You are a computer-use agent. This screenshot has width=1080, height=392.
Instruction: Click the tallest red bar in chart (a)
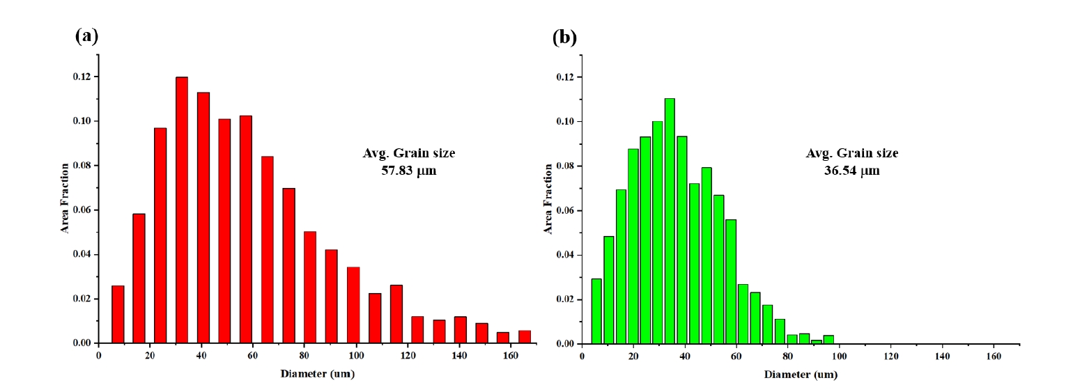[x=181, y=210]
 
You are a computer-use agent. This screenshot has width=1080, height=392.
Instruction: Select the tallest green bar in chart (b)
[x=669, y=221]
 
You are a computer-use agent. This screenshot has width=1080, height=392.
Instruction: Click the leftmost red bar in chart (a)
[x=118, y=314]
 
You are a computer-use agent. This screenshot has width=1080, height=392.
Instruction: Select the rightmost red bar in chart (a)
[x=525, y=336]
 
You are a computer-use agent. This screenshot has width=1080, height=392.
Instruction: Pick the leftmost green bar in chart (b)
[x=596, y=311]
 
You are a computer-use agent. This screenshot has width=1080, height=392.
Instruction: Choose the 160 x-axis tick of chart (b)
[x=994, y=356]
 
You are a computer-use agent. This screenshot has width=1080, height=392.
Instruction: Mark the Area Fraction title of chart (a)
[x=65, y=198]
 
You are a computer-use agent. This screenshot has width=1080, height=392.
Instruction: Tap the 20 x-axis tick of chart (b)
[x=633, y=356]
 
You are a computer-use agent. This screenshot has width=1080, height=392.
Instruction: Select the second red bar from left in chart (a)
[x=139, y=279]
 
